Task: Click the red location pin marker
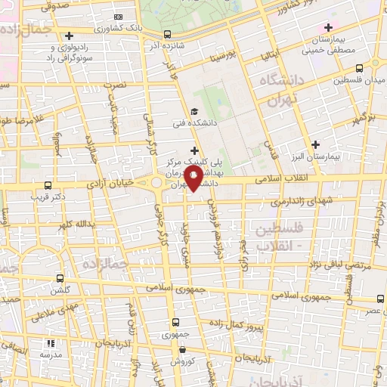point(193,178)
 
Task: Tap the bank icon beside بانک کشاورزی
point(117,17)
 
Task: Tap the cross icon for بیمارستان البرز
point(315,144)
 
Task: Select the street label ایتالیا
point(271,55)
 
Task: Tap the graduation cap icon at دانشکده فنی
point(194,113)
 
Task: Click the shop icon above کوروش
point(183,350)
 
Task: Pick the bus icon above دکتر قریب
point(48,185)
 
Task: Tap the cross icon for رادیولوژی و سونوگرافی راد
point(69,35)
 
